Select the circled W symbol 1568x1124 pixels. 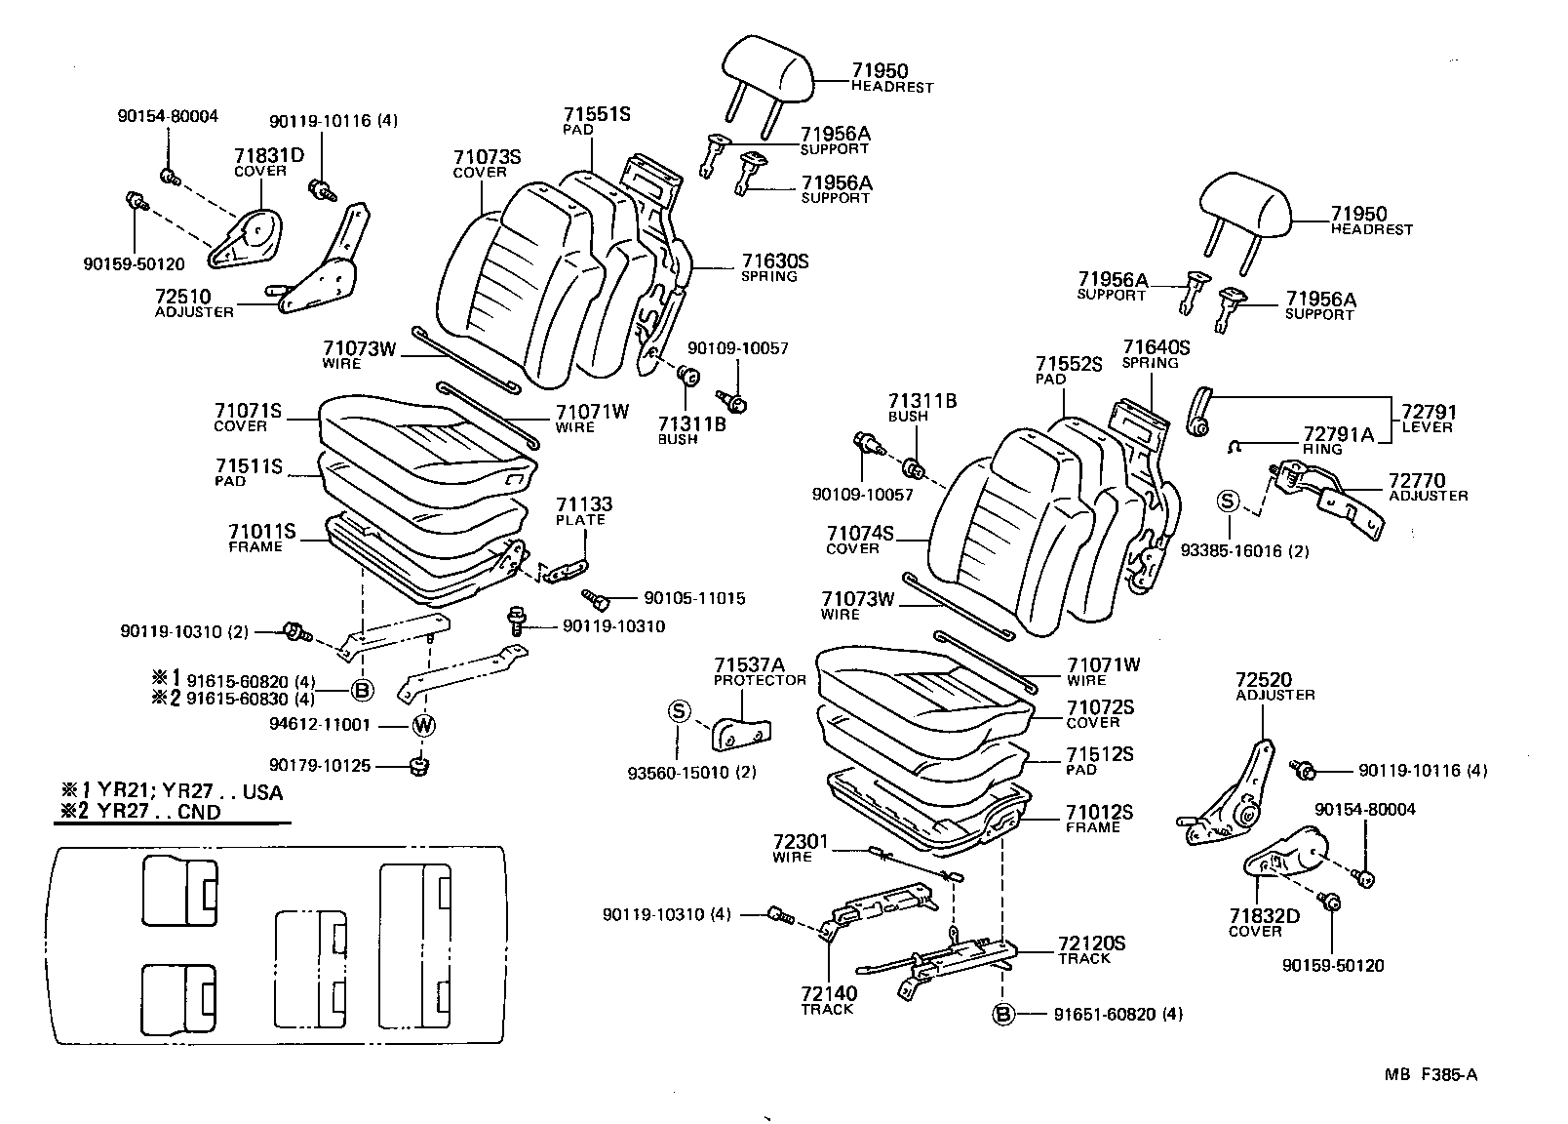tap(423, 725)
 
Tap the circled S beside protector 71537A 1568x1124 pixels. tap(679, 711)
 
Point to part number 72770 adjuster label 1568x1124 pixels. tap(1416, 480)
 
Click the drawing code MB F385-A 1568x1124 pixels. tap(1431, 1075)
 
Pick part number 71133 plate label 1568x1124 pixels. tap(583, 504)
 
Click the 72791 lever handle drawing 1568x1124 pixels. tap(1200, 409)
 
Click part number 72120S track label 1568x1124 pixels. tap(1091, 943)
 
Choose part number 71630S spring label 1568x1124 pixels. tap(774, 261)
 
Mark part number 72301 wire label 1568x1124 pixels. tap(800, 841)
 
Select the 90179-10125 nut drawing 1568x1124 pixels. tap(421, 767)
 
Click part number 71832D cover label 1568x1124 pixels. tap(1265, 916)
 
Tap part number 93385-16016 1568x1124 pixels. tap(1244, 551)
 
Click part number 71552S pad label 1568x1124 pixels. tap(1068, 364)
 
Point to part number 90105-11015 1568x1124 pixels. tap(693, 598)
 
